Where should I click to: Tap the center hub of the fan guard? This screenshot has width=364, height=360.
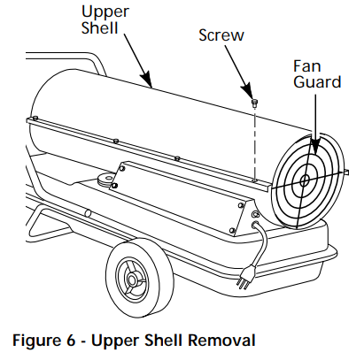click(x=303, y=180)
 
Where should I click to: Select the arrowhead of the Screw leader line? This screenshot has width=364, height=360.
click(x=252, y=96)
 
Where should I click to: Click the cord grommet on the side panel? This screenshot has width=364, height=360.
click(x=255, y=214)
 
